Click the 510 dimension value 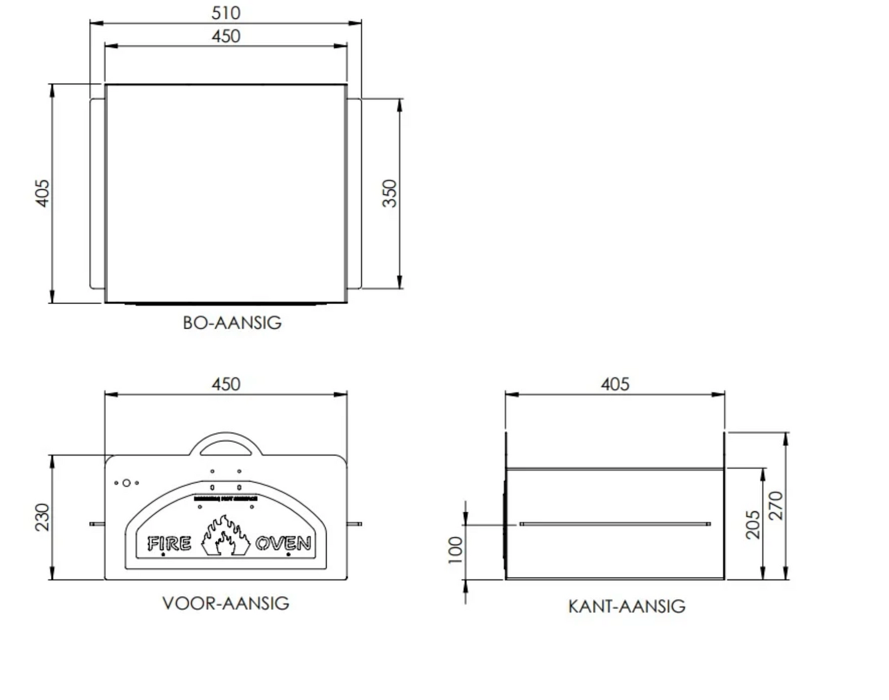click(226, 13)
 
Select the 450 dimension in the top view click(226, 36)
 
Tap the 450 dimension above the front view click(226, 384)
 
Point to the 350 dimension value click(390, 193)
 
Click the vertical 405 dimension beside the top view click(41, 193)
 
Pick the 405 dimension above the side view click(615, 384)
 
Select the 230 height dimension click(41, 517)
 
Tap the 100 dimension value click(455, 549)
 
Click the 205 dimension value click(753, 524)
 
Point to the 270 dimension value click(776, 505)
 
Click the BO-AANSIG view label click(232, 323)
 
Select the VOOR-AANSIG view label click(226, 603)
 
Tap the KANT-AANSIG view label click(626, 607)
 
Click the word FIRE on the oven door click(169, 544)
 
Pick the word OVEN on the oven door click(283, 544)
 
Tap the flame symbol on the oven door click(225, 536)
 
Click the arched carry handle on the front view click(226, 438)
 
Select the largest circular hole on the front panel click(126, 483)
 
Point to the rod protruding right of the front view click(355, 524)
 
